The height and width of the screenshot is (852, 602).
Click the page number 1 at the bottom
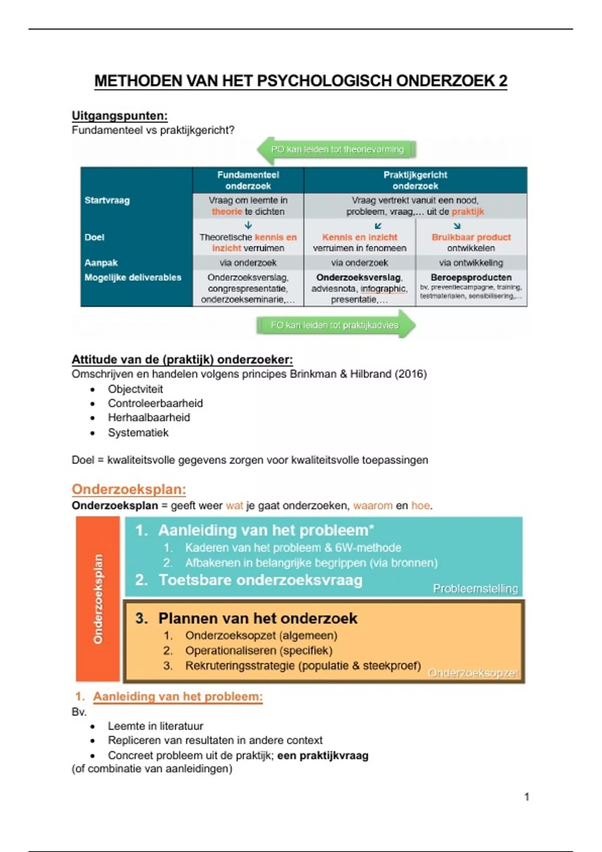[x=527, y=796]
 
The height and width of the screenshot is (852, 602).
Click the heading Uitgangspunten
[x=119, y=116]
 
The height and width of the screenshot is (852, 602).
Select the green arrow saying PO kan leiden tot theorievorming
[x=337, y=149]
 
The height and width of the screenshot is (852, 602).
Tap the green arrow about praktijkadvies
[x=335, y=325]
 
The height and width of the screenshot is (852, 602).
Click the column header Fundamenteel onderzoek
[x=248, y=180]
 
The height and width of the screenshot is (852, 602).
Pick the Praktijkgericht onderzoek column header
[x=415, y=180]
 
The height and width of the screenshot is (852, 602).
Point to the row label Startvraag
[x=107, y=200]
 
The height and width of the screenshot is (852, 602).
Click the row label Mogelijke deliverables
[x=132, y=278]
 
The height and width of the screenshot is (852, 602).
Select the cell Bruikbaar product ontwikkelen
[x=471, y=243]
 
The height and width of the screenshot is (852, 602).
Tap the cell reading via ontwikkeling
[x=471, y=263]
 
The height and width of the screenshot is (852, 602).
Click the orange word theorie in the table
[x=226, y=211]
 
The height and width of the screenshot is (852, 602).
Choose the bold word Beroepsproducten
[x=471, y=277]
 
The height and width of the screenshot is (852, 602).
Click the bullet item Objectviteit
[x=135, y=389]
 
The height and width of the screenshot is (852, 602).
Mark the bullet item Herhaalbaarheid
[x=149, y=417]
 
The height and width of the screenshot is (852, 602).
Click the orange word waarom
[x=373, y=506]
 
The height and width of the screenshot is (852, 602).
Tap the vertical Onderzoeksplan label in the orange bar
[x=98, y=599]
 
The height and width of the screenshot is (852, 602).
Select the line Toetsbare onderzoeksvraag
[x=260, y=580]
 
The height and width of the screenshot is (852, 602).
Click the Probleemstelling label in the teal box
[x=475, y=588]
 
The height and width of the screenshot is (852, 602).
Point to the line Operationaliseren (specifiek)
[x=259, y=651]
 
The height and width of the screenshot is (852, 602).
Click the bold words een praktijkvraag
[x=323, y=755]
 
